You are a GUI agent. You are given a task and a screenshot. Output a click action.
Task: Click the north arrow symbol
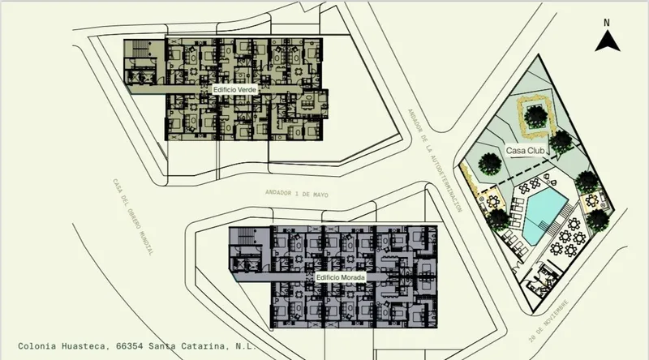(x=607, y=42)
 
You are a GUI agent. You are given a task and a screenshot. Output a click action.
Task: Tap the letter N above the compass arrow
(x=606, y=24)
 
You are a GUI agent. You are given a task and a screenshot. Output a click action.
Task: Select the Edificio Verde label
(x=234, y=89)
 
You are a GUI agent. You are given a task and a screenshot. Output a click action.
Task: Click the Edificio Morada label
(x=340, y=277)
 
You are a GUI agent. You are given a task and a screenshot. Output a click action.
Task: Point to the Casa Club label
(x=525, y=151)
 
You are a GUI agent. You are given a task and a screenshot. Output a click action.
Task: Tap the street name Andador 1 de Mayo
(x=297, y=193)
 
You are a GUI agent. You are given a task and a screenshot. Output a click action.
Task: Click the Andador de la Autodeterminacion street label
(x=435, y=161)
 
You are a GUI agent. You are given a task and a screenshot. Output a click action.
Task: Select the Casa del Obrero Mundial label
(x=133, y=216)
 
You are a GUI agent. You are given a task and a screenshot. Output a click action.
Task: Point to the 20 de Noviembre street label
(x=549, y=321)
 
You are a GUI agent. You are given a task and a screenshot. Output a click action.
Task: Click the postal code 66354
(x=130, y=345)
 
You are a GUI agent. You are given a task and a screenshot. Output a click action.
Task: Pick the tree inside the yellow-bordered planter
(x=535, y=116)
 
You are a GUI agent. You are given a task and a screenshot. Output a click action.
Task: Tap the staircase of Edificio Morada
(x=247, y=237)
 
